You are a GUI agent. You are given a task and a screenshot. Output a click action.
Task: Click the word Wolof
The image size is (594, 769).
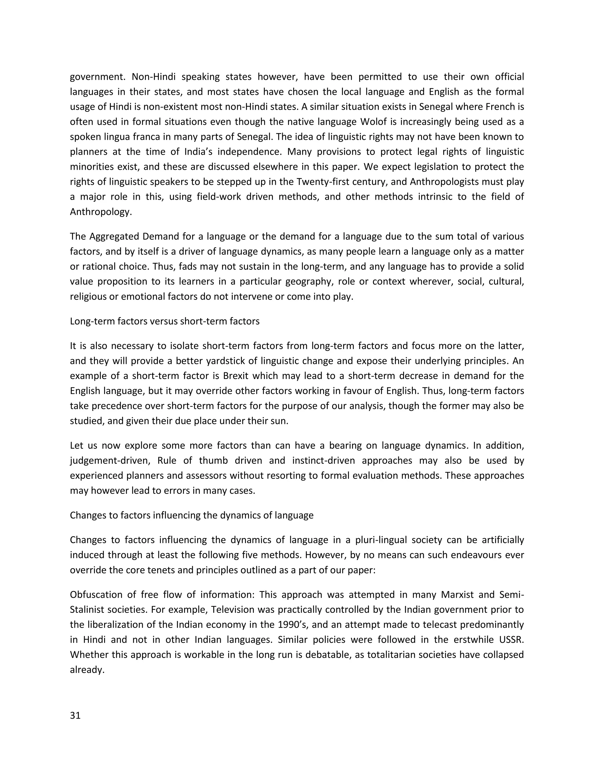click(x=374, y=122)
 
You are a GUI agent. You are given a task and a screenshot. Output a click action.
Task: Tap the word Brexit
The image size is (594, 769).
click(x=236, y=376)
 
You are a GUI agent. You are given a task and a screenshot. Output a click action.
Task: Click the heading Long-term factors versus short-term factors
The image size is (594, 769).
click(x=165, y=321)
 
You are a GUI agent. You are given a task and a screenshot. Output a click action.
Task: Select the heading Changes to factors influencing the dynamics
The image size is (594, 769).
click(x=191, y=515)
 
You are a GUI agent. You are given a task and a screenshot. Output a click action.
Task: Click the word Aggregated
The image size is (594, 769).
click(x=112, y=236)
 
